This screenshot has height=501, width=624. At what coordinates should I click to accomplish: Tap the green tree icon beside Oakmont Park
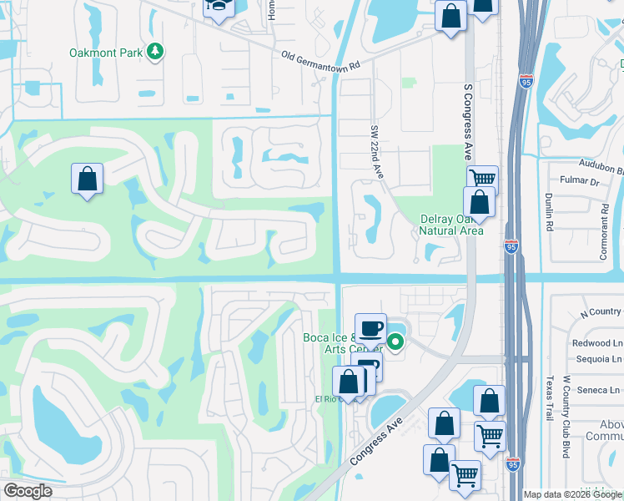click(154, 53)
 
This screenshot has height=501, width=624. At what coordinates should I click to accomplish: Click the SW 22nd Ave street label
click(376, 153)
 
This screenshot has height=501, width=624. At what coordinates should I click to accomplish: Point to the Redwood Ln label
click(597, 343)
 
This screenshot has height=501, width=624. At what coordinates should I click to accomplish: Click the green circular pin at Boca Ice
click(395, 341)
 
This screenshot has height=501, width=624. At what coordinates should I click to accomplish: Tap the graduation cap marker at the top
click(219, 7)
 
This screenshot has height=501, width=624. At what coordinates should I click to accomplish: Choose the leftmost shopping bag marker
click(87, 180)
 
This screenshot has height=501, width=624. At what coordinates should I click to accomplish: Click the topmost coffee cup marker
click(371, 327)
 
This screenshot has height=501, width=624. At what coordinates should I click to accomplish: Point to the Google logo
click(28, 491)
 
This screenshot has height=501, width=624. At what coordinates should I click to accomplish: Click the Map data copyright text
click(572, 494)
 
